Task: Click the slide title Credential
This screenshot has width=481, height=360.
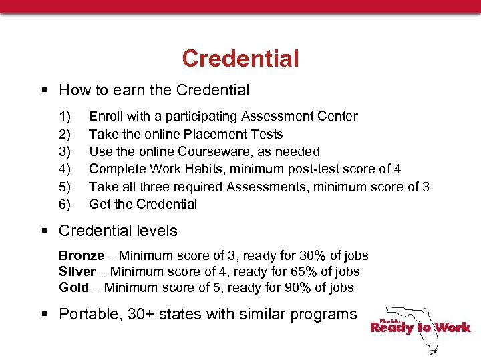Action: click(x=240, y=59)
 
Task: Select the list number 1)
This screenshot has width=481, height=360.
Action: click(x=65, y=117)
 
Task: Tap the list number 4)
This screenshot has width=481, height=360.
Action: click(x=65, y=169)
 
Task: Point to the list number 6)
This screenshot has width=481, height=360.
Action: click(x=65, y=204)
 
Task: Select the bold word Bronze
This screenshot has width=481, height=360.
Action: click(x=82, y=256)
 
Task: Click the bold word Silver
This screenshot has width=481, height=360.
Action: click(x=77, y=272)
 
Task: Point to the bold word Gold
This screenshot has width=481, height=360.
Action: click(x=73, y=288)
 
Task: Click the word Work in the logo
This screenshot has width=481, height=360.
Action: click(x=453, y=327)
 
